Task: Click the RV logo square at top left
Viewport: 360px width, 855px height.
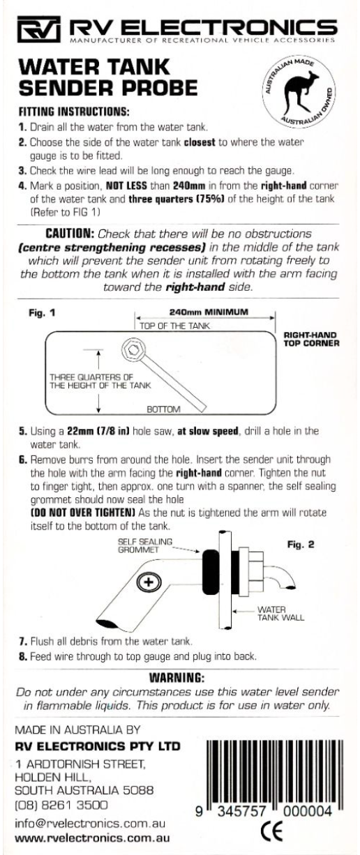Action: pyautogui.click(x=39, y=30)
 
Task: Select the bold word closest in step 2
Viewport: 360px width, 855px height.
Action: pyautogui.click(x=200, y=142)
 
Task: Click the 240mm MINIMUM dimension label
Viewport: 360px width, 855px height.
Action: pyautogui.click(x=209, y=312)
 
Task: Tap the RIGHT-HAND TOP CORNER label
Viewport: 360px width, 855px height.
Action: pyautogui.click(x=311, y=339)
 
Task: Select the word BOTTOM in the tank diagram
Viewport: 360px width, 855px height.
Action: pyautogui.click(x=163, y=409)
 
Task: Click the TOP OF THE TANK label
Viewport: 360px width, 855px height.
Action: pyautogui.click(x=174, y=326)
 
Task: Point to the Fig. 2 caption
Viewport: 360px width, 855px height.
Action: pyautogui.click(x=301, y=544)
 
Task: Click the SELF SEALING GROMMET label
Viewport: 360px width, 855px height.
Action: pyautogui.click(x=145, y=545)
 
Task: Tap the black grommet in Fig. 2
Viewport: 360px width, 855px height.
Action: pyautogui.click(x=209, y=573)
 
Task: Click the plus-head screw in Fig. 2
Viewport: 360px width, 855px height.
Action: pyautogui.click(x=149, y=582)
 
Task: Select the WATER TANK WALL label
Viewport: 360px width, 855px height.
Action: pyautogui.click(x=280, y=614)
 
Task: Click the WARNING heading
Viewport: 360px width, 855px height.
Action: pyautogui.click(x=177, y=677)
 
